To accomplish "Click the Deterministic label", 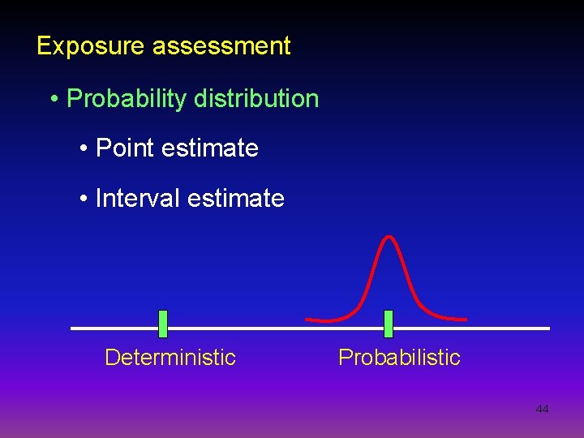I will tap(170, 358).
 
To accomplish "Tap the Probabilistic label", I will tap(399, 358).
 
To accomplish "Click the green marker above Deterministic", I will tap(163, 324).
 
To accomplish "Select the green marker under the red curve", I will tap(388, 324).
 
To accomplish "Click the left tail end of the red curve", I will tap(307, 319).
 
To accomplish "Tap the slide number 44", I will tap(542, 410).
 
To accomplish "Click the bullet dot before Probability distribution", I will tap(54, 100).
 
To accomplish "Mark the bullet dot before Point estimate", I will tap(84, 149).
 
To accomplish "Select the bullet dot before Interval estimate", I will tap(84, 200).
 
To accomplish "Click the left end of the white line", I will tap(73, 328).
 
